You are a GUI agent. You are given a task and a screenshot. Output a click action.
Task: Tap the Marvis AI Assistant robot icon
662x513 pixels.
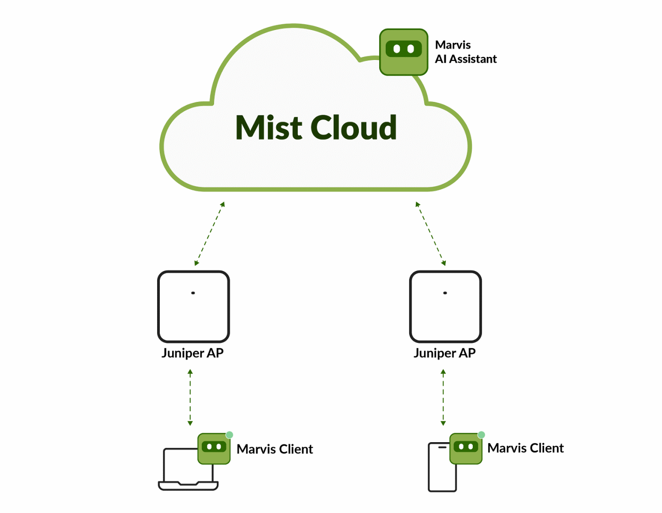pyautogui.click(x=403, y=52)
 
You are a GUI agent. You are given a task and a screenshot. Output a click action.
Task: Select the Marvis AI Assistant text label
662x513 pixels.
pyautogui.click(x=465, y=52)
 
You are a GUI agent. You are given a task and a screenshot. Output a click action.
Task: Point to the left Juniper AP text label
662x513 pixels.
pyautogui.click(x=192, y=353)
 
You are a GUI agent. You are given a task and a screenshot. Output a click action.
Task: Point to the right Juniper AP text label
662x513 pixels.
pyautogui.click(x=444, y=353)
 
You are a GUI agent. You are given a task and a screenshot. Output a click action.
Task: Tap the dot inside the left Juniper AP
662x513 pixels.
pyautogui.click(x=193, y=293)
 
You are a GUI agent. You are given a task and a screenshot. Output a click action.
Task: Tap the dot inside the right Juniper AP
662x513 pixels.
pyautogui.click(x=445, y=293)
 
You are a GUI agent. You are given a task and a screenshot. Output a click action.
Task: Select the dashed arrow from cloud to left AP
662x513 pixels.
pyautogui.click(x=209, y=234)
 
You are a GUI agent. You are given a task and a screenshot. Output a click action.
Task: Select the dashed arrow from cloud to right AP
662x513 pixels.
pyautogui.click(x=430, y=234)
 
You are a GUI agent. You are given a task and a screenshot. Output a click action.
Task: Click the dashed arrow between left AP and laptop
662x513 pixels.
pyautogui.click(x=190, y=397)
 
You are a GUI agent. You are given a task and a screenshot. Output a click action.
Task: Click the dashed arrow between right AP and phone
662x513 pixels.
pyautogui.click(x=443, y=397)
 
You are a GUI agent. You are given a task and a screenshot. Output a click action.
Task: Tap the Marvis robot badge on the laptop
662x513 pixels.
pyautogui.click(x=214, y=448)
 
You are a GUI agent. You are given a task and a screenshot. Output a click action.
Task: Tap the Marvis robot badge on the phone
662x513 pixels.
pyautogui.click(x=466, y=448)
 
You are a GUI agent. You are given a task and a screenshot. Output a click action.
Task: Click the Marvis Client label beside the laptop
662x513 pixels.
pyautogui.click(x=275, y=449)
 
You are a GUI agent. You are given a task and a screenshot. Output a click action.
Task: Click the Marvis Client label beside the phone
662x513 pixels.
pyautogui.click(x=525, y=448)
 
